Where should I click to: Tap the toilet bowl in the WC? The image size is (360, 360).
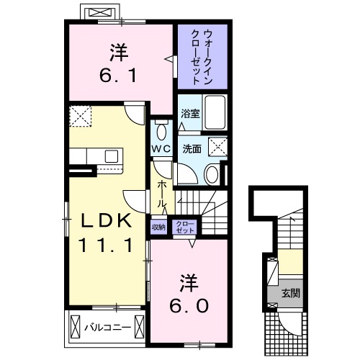click(160, 132)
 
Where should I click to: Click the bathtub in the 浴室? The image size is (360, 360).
click(214, 112)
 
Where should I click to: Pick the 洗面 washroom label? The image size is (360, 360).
click(191, 149)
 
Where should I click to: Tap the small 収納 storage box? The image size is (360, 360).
click(158, 226)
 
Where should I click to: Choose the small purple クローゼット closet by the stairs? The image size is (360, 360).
click(184, 226)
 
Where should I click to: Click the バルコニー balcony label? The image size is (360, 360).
click(107, 327)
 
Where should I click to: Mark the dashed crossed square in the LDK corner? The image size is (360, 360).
click(81, 116)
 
